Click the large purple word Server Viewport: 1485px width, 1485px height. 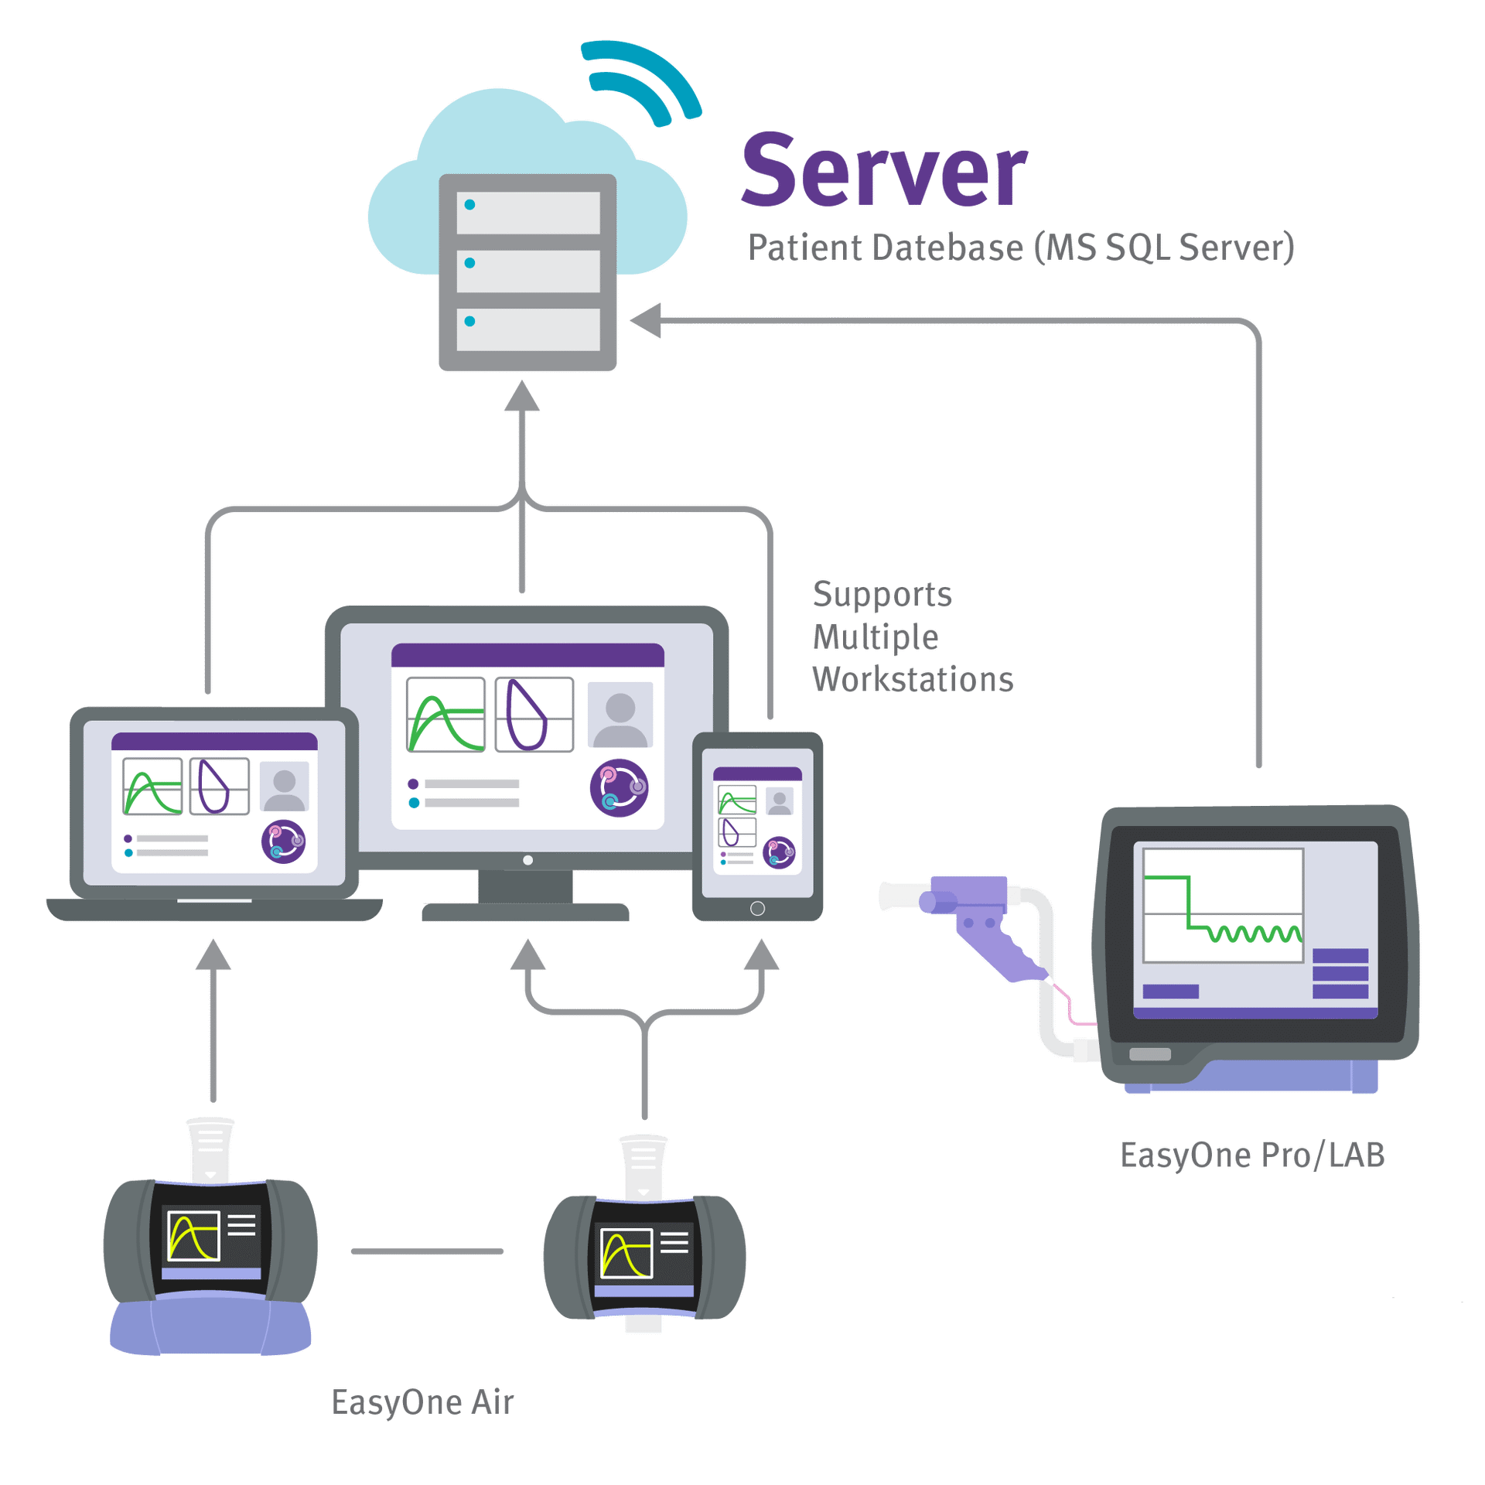pyautogui.click(x=883, y=172)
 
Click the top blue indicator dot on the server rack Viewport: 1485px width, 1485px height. pyautogui.click(x=469, y=205)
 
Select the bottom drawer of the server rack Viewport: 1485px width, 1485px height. pyautogui.click(x=528, y=329)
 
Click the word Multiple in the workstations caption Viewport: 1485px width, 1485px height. pyautogui.click(x=875, y=637)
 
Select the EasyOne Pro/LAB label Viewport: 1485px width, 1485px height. pyautogui.click(x=1251, y=1155)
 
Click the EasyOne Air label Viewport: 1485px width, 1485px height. pyautogui.click(x=422, y=1401)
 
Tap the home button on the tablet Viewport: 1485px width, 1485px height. pyautogui.click(x=757, y=908)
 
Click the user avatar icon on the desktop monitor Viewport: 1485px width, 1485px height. pyautogui.click(x=620, y=715)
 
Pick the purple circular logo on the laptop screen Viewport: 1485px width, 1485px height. pyautogui.click(x=283, y=841)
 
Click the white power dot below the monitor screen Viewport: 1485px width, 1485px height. pyautogui.click(x=527, y=860)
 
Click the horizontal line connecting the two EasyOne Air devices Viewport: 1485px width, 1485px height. pyautogui.click(x=427, y=1251)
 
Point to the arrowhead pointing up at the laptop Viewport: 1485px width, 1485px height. pyautogui.click(x=213, y=954)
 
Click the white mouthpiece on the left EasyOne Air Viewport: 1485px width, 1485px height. pyautogui.click(x=210, y=1148)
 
